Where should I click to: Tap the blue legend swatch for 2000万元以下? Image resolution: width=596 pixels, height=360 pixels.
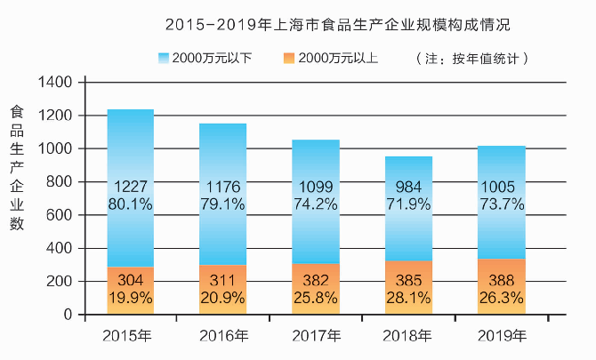tap(164, 59)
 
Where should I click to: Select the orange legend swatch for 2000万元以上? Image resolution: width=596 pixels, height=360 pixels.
tap(289, 59)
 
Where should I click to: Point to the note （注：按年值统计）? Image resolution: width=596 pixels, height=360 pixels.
tap(472, 59)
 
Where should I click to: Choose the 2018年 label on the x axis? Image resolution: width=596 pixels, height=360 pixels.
tap(407, 336)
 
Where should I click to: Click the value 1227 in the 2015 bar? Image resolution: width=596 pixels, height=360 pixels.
tap(131, 188)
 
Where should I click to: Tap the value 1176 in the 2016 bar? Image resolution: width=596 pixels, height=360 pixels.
tap(223, 188)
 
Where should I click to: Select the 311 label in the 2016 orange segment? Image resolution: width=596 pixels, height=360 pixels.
tap(223, 280)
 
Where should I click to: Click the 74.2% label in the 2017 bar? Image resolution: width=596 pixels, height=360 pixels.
tap(317, 204)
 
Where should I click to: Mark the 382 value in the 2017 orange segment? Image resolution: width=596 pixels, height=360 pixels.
tap(317, 280)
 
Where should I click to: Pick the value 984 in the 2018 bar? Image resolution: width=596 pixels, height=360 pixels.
tap(409, 188)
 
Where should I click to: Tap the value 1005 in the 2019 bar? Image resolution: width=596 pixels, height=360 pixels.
tap(503, 188)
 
